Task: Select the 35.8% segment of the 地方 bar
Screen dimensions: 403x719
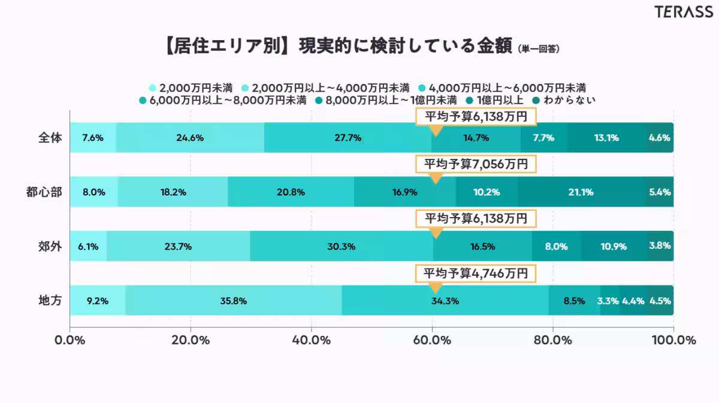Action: pos(233,301)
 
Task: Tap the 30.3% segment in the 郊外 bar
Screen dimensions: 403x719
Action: pos(342,246)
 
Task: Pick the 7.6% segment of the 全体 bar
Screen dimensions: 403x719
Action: pos(93,138)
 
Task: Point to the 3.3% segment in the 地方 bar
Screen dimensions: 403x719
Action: pos(608,301)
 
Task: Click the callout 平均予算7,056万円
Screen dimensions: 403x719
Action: pos(476,164)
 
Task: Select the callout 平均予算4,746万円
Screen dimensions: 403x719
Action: pos(476,273)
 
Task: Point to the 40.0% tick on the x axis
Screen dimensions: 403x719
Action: pos(312,340)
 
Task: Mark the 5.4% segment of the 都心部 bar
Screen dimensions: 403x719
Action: pos(659,193)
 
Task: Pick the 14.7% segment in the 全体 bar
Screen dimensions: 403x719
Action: pos(476,138)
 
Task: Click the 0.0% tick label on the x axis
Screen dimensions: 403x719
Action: pos(71,340)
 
